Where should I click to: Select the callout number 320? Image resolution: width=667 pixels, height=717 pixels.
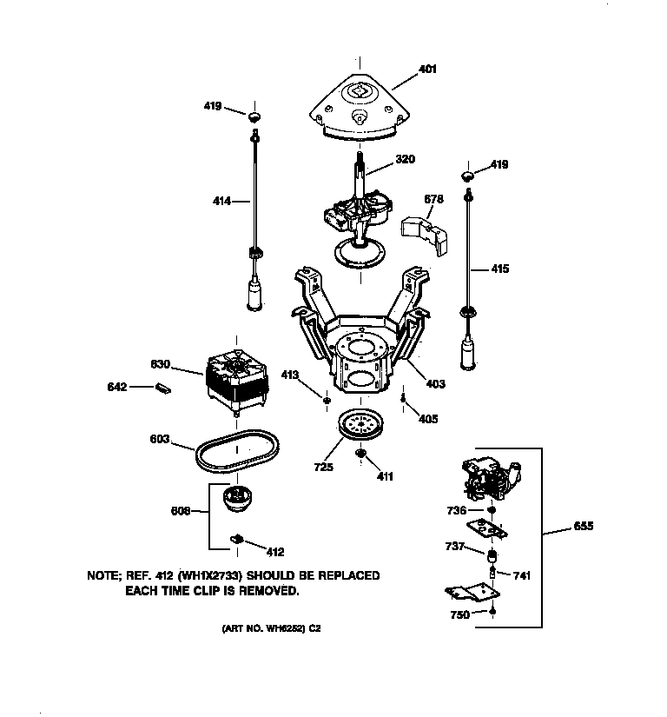click(405, 159)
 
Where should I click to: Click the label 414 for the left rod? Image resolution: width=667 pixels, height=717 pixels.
click(222, 201)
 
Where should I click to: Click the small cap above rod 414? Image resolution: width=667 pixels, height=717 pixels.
click(254, 116)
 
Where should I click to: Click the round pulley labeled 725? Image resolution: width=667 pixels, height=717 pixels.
click(361, 427)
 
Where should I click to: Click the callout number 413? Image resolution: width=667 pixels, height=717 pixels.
click(290, 375)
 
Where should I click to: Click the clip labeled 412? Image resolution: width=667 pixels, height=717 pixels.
click(234, 540)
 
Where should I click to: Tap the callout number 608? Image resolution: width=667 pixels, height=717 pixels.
click(180, 512)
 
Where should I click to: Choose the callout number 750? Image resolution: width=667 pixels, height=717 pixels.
click(459, 614)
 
